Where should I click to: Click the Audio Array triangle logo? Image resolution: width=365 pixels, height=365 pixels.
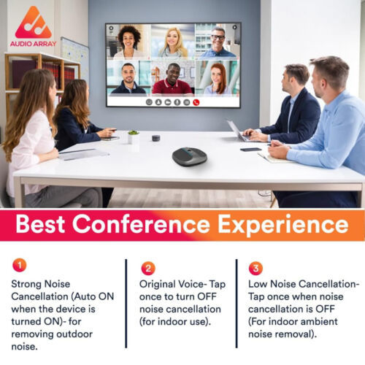tap(33, 23)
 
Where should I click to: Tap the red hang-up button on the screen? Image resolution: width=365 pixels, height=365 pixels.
tap(196, 103)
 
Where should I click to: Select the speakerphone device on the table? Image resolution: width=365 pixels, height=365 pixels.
tap(190, 157)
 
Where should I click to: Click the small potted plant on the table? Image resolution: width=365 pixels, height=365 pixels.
tap(134, 137)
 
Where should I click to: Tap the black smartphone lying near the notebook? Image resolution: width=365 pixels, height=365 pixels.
tap(250, 150)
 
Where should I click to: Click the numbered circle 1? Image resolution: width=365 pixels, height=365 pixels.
tap(20, 265)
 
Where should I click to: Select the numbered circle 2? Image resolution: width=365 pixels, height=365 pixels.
tap(148, 269)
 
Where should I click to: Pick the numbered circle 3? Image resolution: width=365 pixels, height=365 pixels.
tap(255, 269)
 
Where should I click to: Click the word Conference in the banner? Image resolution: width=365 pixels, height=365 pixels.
tap(141, 224)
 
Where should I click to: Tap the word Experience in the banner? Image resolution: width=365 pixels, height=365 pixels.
tap(283, 226)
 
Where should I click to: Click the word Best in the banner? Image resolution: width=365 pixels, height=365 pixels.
tap(40, 224)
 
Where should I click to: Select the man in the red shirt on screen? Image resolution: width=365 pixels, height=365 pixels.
tap(172, 79)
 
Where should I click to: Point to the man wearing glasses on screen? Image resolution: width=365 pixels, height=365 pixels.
tap(218, 42)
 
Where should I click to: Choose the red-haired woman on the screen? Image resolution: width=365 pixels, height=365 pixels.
tap(217, 79)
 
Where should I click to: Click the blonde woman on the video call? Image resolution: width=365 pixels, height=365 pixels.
tap(173, 43)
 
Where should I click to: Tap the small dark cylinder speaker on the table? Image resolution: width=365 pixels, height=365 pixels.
tap(156, 138)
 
